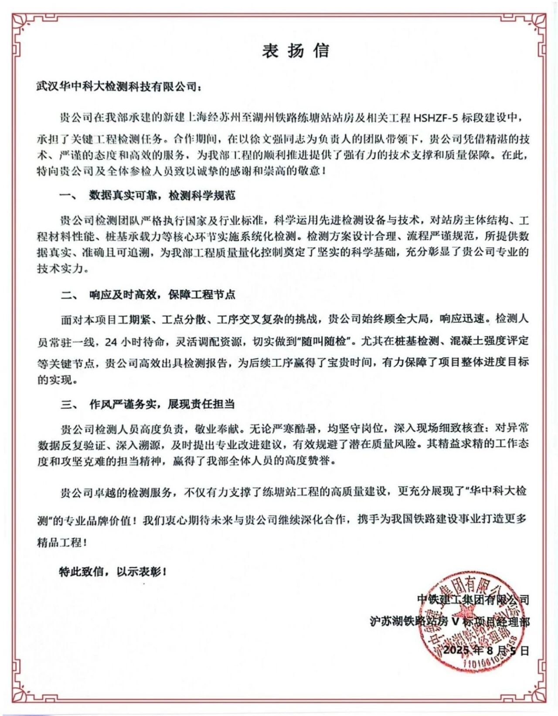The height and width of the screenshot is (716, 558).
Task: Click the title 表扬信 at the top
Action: pyautogui.click(x=295, y=51)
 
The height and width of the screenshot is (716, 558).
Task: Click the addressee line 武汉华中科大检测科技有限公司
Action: pyautogui.click(x=119, y=86)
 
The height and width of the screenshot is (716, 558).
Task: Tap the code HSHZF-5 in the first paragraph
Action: pyautogui.click(x=436, y=118)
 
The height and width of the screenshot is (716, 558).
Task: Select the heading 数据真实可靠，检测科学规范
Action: pyautogui.click(x=162, y=195)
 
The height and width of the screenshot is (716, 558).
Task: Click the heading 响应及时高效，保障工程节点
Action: pyautogui.click(x=162, y=295)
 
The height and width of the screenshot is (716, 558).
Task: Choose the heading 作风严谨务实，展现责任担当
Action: pyautogui.click(x=162, y=404)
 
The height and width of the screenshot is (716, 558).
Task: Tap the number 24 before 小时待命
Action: pyautogui.click(x=111, y=342)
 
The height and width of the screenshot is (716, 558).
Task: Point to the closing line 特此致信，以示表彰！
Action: pyautogui.click(x=113, y=571)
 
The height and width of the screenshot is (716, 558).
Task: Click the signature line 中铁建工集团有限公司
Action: pyautogui.click(x=473, y=600)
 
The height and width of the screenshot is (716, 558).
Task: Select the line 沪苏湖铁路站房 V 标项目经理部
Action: pyautogui.click(x=449, y=621)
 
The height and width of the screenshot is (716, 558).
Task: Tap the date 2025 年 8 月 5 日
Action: pyautogui.click(x=486, y=651)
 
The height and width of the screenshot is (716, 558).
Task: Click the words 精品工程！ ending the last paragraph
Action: pyautogui.click(x=62, y=542)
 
